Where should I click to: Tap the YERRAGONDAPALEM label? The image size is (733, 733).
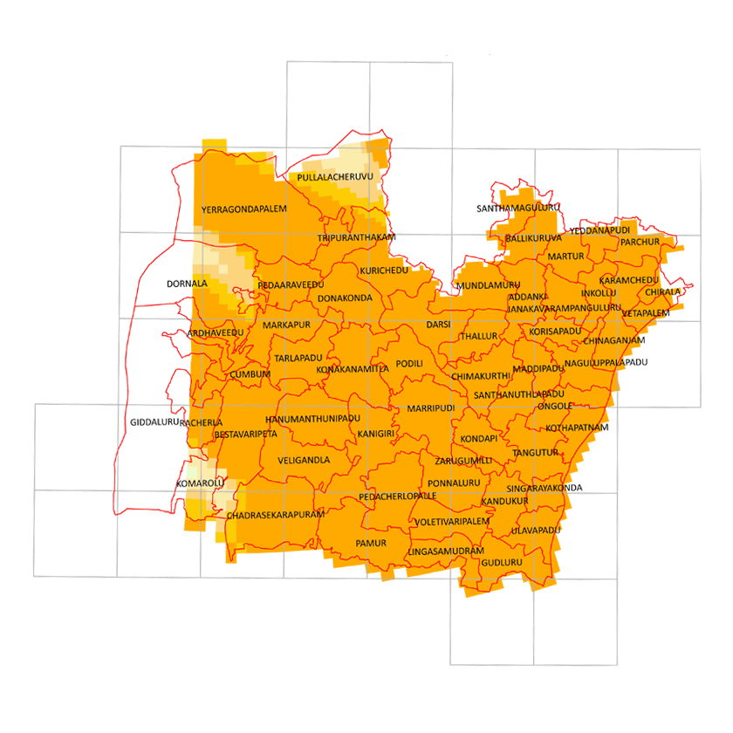(243, 210)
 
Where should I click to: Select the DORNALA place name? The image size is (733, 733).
(187, 284)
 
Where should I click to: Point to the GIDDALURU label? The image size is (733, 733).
(154, 421)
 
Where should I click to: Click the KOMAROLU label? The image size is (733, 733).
(200, 483)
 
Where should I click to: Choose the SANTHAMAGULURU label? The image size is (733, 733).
(518, 209)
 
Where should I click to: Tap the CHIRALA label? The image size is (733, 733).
(663, 292)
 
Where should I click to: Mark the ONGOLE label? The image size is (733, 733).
(555, 406)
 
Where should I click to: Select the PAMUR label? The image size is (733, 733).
(371, 543)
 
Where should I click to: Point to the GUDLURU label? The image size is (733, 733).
(501, 562)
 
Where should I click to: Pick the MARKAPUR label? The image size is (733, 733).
(286, 325)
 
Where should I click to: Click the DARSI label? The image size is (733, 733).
(438, 325)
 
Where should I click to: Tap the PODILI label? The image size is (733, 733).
(408, 363)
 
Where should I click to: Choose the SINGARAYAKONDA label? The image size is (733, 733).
(544, 488)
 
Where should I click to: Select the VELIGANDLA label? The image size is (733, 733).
(304, 460)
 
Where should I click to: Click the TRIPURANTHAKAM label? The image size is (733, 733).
(356, 237)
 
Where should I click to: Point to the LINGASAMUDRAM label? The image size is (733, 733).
(444, 551)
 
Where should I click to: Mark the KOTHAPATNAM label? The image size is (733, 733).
(577, 428)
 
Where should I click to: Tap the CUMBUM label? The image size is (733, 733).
(250, 374)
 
